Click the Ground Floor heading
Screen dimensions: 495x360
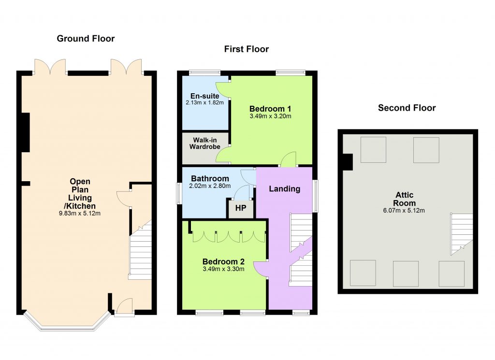[86, 39]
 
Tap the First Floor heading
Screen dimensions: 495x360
[247, 49]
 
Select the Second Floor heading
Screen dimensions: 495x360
[407, 108]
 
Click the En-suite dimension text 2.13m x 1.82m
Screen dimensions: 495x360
[204, 102]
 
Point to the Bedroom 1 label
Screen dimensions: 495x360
[270, 109]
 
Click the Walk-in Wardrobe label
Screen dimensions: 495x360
[205, 143]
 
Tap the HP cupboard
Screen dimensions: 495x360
[241, 208]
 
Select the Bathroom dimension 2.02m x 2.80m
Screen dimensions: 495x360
[210, 186]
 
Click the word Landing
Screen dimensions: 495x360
[284, 189]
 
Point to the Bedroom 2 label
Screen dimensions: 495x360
[223, 261]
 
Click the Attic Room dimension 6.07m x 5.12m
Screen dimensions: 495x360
[404, 211]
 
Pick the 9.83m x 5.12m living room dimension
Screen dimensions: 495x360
[80, 213]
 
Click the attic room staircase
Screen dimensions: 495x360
[462, 234]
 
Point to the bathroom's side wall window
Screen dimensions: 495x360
[179, 194]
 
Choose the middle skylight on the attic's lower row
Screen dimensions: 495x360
[406, 274]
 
